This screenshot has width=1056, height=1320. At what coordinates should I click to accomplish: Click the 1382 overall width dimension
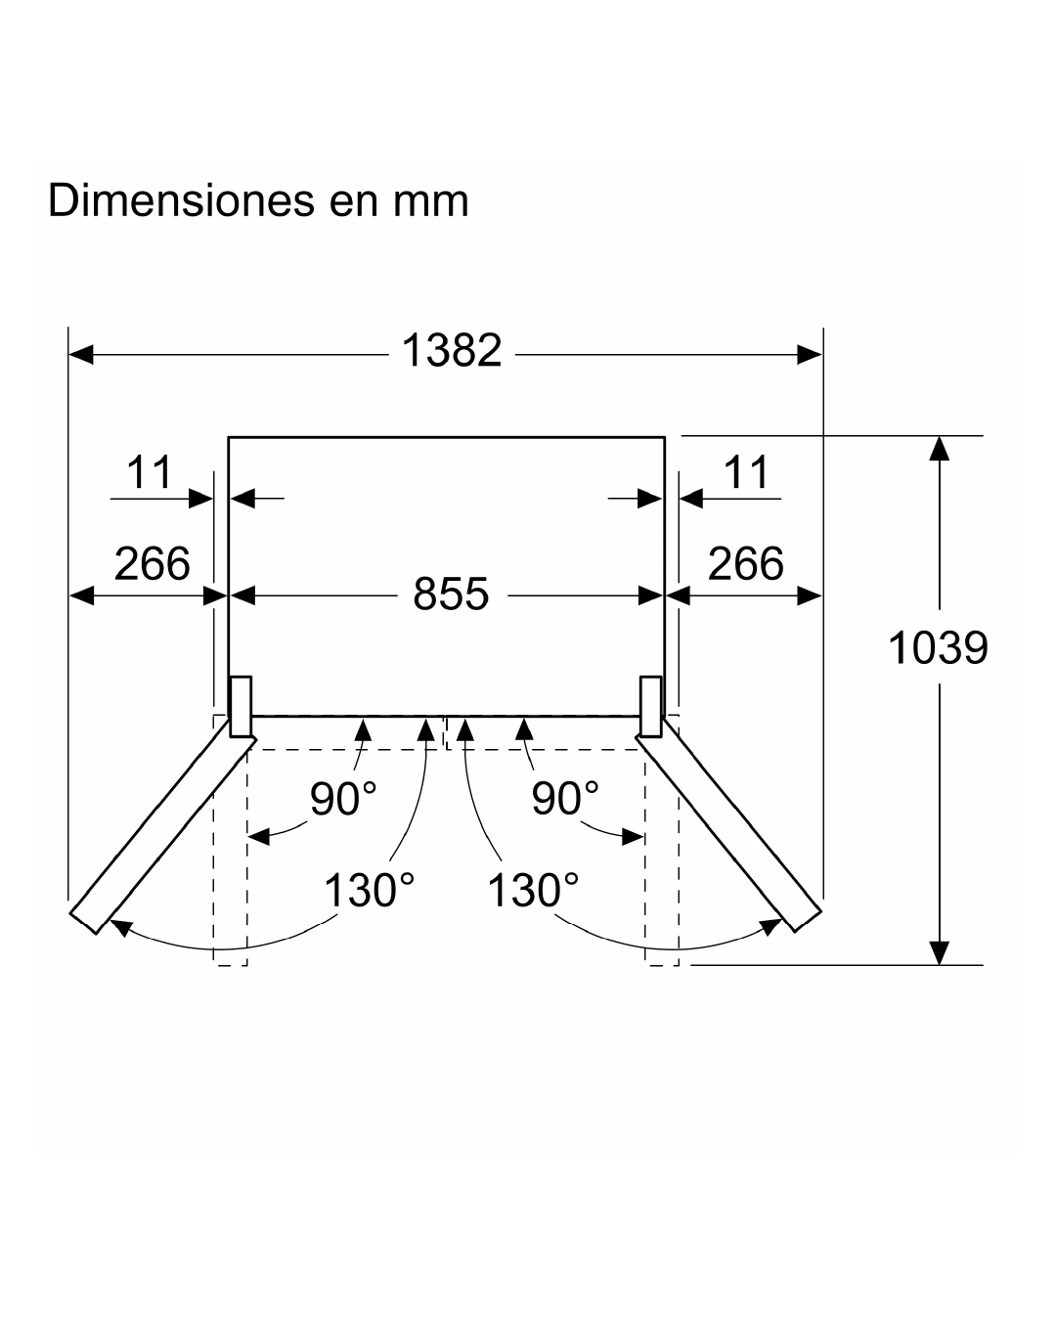pos(452,351)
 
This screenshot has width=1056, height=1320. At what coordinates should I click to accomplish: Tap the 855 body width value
pos(451,594)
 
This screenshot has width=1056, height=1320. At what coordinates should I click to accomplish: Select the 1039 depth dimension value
pos(938,647)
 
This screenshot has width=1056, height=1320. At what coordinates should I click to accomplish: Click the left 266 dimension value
pos(152,564)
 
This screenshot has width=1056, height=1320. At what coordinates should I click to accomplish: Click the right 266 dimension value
pos(746,564)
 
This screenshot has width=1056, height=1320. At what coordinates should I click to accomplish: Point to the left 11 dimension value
pos(150,473)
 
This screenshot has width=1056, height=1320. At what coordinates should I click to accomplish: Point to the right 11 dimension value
pos(747,473)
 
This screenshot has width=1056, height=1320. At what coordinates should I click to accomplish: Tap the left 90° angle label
pos(343,800)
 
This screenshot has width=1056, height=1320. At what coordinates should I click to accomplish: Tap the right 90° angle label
pos(564,800)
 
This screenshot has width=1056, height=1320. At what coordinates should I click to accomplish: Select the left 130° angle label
pos(369,891)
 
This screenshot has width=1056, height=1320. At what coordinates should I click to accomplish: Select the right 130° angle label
pos(532,891)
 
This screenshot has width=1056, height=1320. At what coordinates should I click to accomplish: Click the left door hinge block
pos(241,705)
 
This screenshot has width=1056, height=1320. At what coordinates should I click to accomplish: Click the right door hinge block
pos(651,705)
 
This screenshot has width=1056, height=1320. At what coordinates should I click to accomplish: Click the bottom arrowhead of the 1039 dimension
pos(939,953)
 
